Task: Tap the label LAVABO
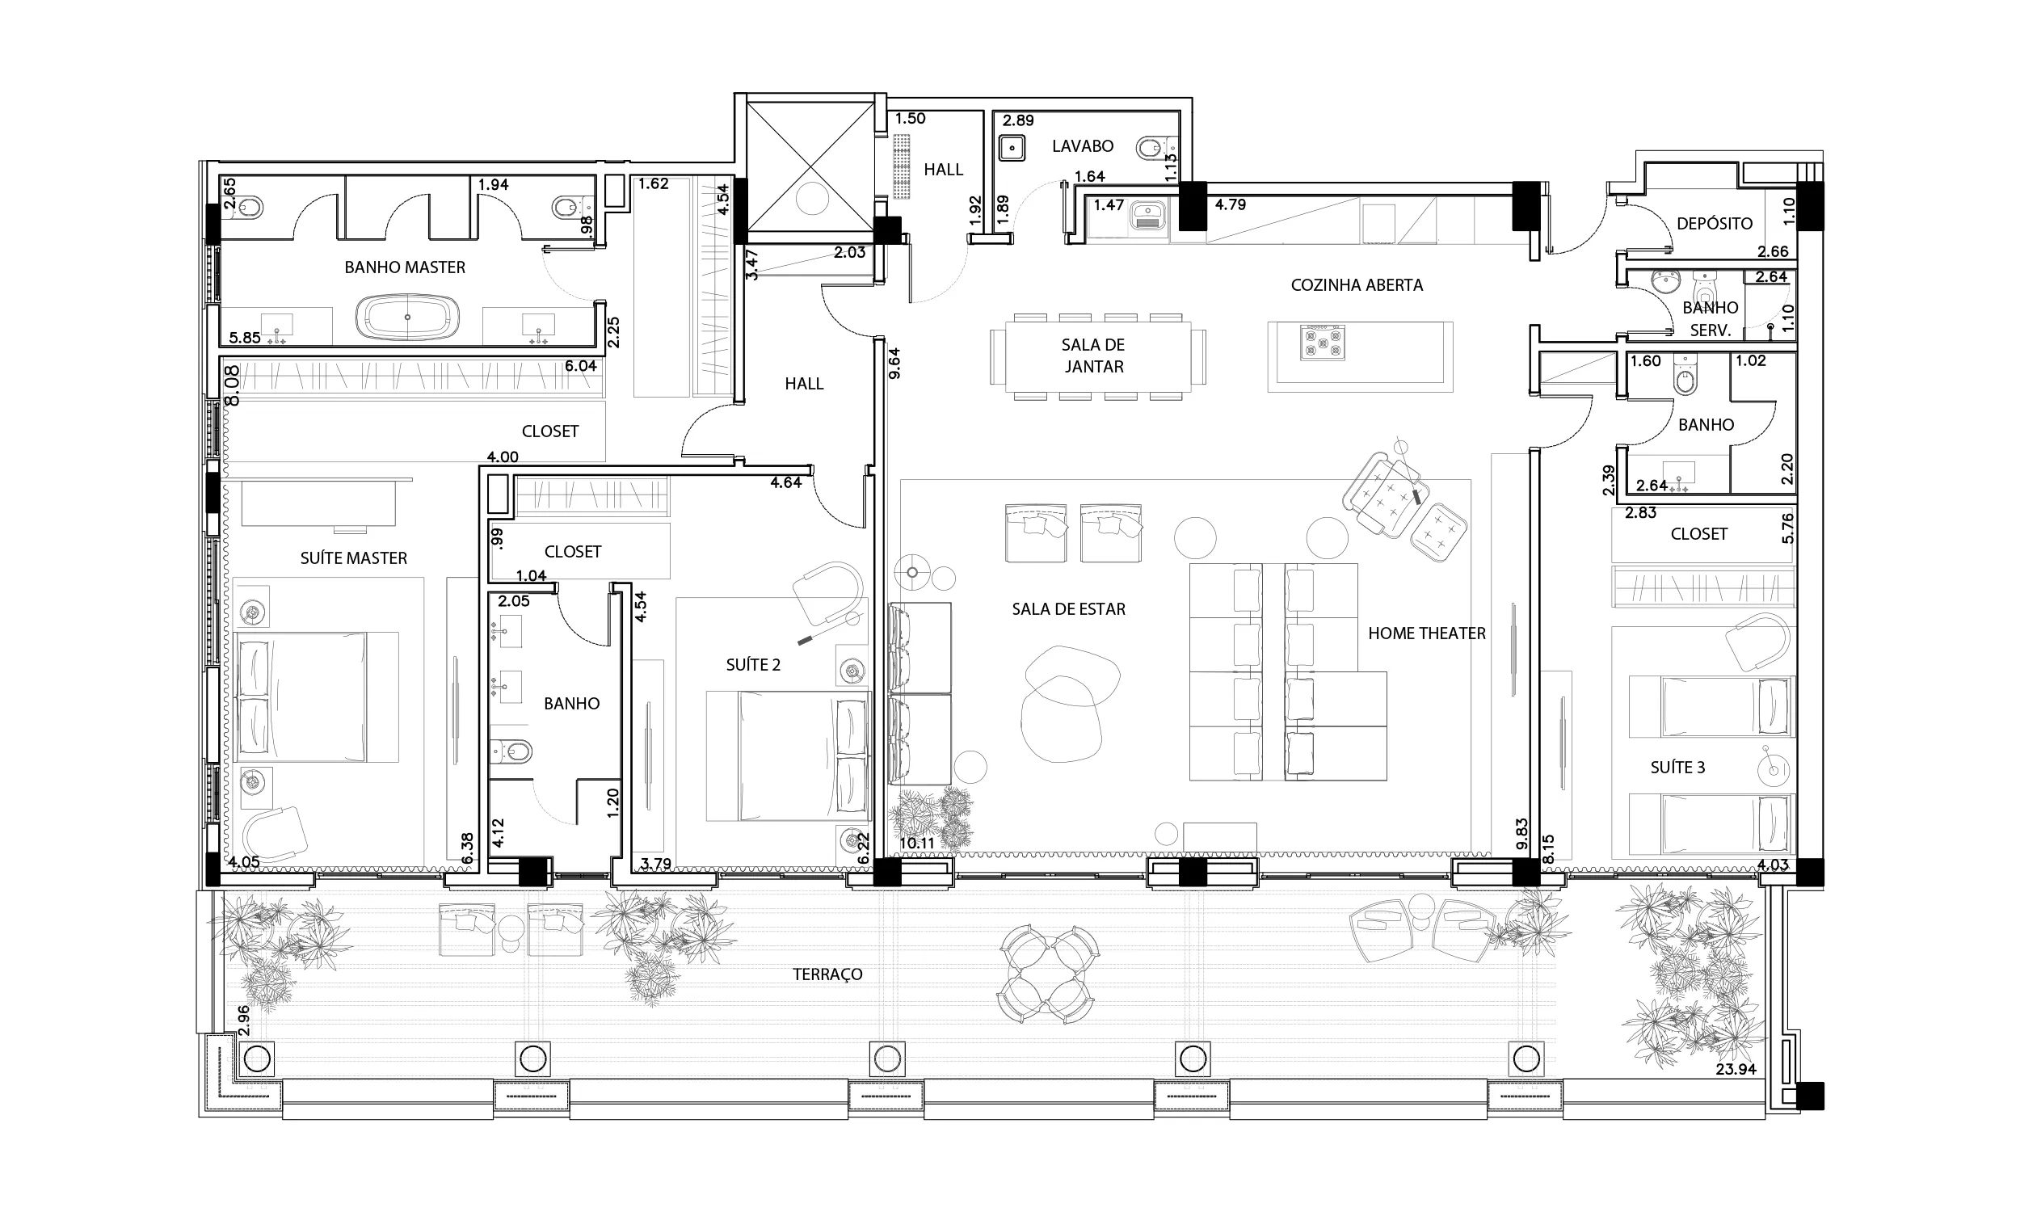tap(1083, 146)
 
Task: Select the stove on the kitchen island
tap(1322, 343)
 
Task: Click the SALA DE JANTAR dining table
tap(1097, 357)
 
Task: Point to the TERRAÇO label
tap(827, 974)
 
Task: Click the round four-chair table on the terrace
tap(1047, 974)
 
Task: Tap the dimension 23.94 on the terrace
tap(1736, 1069)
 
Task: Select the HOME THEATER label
tap(1426, 633)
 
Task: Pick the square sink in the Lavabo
tap(1012, 149)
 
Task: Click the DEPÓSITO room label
tap(1715, 223)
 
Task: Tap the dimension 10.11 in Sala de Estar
tap(917, 844)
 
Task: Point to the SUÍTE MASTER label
tap(354, 558)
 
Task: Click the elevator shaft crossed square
tap(811, 166)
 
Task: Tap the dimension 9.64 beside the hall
tap(895, 364)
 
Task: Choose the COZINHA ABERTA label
tap(1356, 285)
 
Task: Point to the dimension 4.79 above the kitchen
tap(1231, 204)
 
